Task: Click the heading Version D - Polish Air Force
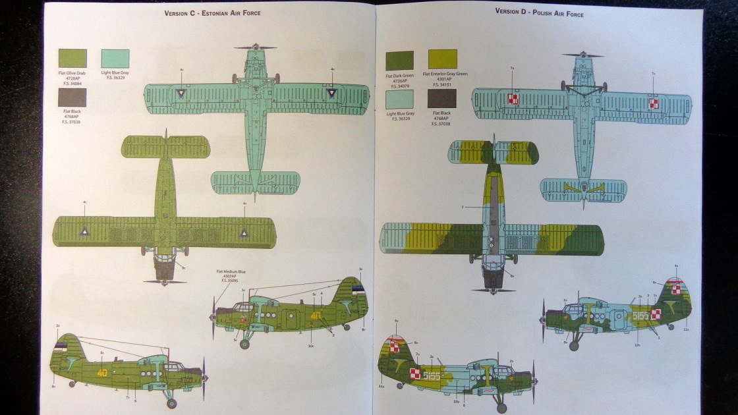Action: click(539, 13)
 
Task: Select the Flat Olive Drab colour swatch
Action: click(72, 59)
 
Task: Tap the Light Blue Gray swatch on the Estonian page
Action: click(115, 59)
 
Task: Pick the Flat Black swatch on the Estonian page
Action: click(72, 97)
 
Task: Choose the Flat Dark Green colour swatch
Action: click(399, 60)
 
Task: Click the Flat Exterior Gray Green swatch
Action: click(442, 59)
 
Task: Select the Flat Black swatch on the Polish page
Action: click(441, 99)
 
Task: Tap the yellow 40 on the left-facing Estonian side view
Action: click(101, 372)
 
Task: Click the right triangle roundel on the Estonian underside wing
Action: click(332, 94)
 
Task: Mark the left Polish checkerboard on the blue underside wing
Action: click(513, 99)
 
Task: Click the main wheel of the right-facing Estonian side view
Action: click(244, 344)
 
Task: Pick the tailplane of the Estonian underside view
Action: click(256, 182)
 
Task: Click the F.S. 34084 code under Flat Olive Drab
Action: click(72, 83)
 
